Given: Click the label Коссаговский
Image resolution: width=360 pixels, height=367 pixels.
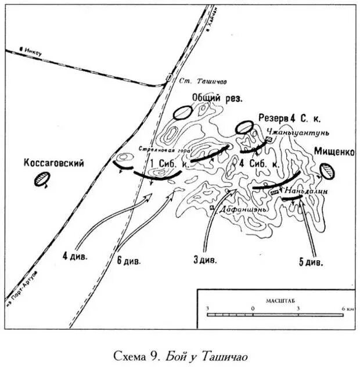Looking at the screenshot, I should [x=53, y=164].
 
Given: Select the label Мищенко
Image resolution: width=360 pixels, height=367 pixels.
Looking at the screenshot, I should [x=334, y=152].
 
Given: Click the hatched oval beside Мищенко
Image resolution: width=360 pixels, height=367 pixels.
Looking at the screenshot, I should [x=327, y=170].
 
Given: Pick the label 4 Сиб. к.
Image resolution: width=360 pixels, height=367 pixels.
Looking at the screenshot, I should [x=260, y=164].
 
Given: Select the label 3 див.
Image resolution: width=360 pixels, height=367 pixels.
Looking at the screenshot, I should [x=205, y=260].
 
